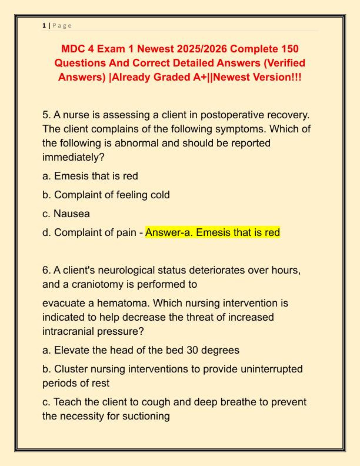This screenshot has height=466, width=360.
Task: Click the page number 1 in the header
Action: coord(44,25)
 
